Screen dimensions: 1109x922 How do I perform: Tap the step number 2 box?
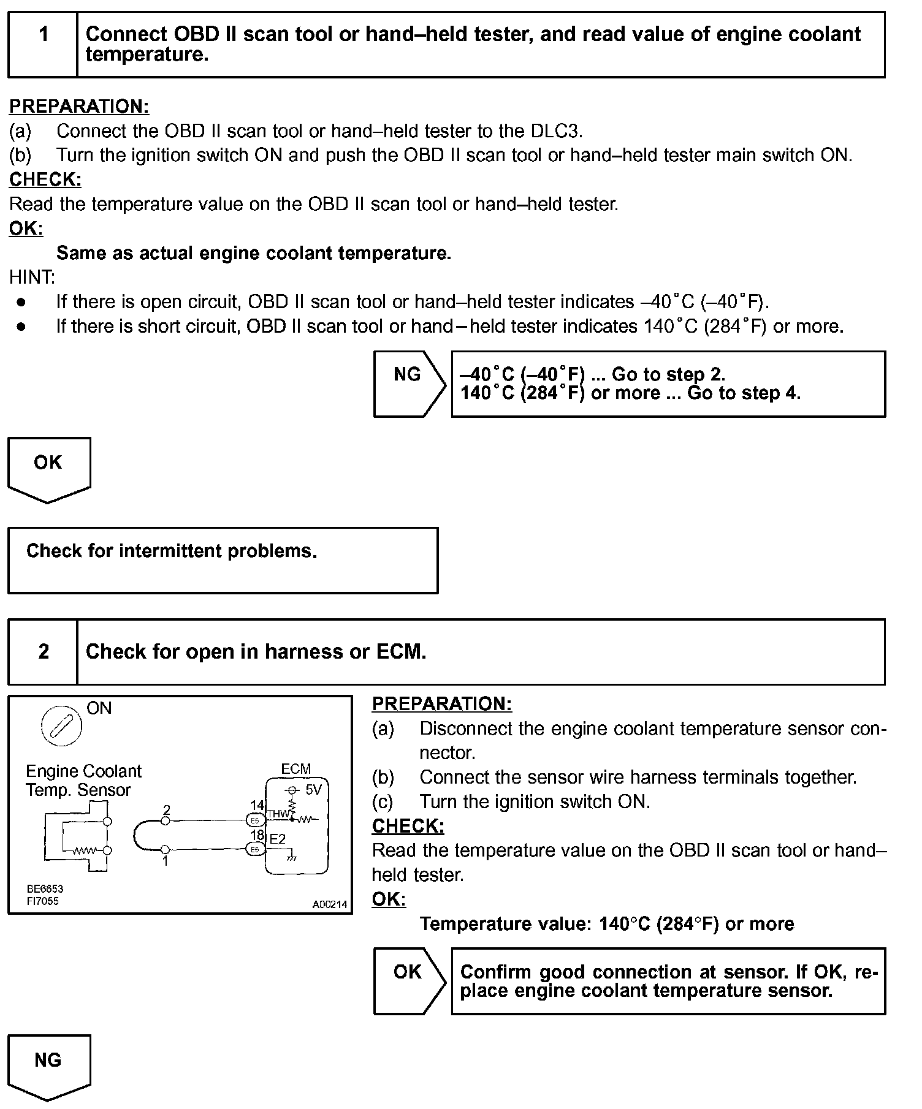(43, 651)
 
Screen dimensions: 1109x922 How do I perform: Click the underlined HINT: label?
(32, 278)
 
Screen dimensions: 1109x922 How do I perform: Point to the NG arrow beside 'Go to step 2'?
(410, 384)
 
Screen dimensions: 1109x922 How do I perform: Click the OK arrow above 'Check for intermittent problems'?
(48, 469)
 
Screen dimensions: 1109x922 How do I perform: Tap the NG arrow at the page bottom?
(48, 1067)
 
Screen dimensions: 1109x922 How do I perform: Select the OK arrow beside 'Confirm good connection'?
(410, 981)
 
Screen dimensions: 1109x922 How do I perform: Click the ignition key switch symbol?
(61, 726)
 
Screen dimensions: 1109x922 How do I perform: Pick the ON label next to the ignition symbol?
(99, 708)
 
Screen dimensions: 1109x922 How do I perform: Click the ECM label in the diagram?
(295, 769)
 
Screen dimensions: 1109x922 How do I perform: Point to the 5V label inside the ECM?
(313, 790)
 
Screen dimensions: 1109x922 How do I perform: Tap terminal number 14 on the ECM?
(257, 805)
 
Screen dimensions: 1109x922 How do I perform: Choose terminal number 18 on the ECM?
(257, 835)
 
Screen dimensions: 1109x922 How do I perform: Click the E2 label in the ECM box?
(278, 839)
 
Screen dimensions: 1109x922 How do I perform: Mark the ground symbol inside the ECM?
(292, 857)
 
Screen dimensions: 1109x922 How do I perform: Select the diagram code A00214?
(330, 904)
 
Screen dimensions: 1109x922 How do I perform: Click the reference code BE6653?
(45, 888)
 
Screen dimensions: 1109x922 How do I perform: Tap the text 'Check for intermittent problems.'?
(172, 551)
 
